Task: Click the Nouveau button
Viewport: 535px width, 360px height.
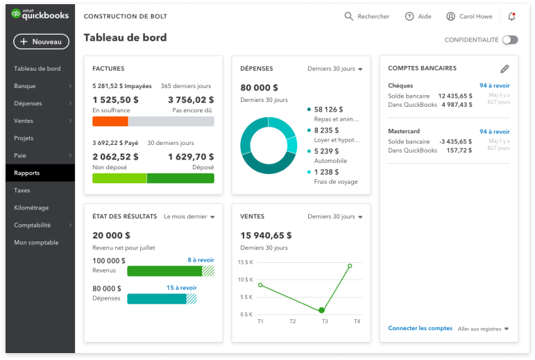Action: tap(41, 42)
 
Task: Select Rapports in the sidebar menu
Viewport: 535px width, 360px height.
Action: tap(27, 173)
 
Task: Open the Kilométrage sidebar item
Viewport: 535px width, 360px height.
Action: tap(31, 207)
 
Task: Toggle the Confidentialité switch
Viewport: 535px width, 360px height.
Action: tap(510, 40)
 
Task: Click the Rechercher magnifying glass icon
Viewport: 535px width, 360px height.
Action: tap(349, 16)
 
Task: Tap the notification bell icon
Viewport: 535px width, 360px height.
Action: tap(511, 16)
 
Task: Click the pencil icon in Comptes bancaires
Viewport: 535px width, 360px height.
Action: tap(504, 69)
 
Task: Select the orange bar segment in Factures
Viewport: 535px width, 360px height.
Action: tap(110, 121)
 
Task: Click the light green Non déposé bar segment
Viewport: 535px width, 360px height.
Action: tap(119, 178)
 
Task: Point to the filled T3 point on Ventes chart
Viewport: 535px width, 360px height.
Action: tap(321, 310)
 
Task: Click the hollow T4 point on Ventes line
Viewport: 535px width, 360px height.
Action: tap(350, 266)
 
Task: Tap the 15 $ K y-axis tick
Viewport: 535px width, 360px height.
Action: tap(245, 262)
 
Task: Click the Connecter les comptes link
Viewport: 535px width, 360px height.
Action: tap(421, 328)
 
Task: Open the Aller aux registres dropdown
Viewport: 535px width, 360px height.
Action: tap(484, 328)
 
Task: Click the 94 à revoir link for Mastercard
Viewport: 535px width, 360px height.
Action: tap(494, 131)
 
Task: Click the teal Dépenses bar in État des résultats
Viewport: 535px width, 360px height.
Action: tap(157, 299)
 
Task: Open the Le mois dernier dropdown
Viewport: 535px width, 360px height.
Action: tap(189, 216)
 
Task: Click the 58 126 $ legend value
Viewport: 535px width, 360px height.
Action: tap(328, 109)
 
